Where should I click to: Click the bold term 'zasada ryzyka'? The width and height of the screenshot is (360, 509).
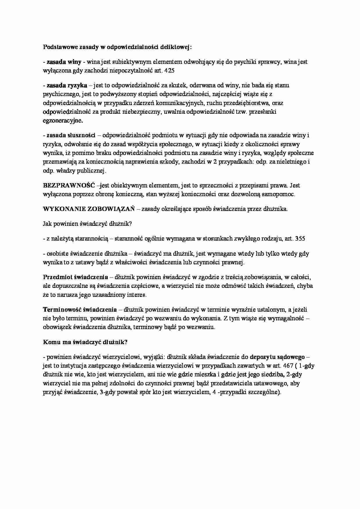point(67,85)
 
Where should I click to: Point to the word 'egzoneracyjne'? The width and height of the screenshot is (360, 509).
point(62,121)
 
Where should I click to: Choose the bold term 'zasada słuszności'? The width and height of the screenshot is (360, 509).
point(71,135)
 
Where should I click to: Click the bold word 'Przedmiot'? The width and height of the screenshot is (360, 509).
point(57,277)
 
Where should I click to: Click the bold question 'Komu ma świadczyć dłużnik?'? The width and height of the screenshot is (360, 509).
point(85,342)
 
